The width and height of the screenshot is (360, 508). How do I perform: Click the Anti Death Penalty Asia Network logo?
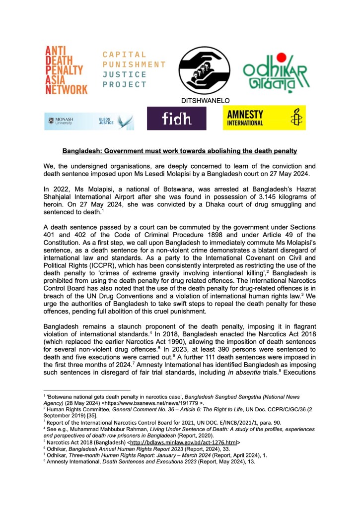pyautogui.click(x=66, y=70)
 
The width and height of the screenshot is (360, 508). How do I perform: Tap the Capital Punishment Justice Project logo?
pyautogui.click(x=134, y=69)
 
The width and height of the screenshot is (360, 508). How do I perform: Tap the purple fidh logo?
pyautogui.click(x=176, y=119)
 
